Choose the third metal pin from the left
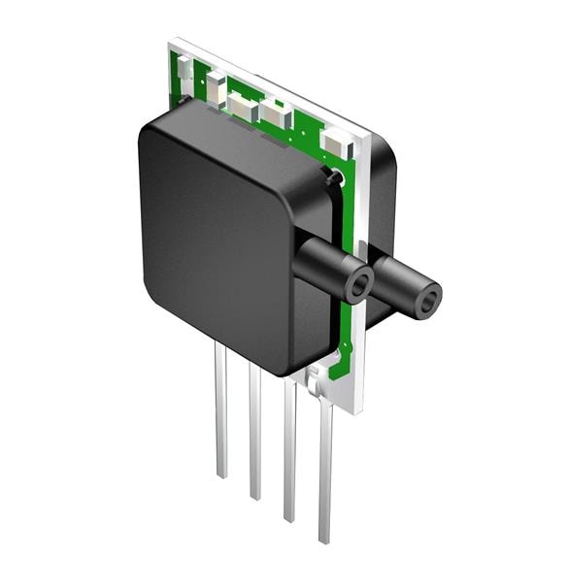click(x=289, y=451)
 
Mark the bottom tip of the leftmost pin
click(x=222, y=475)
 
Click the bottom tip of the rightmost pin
click(x=325, y=539)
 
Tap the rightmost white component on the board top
click(x=337, y=144)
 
